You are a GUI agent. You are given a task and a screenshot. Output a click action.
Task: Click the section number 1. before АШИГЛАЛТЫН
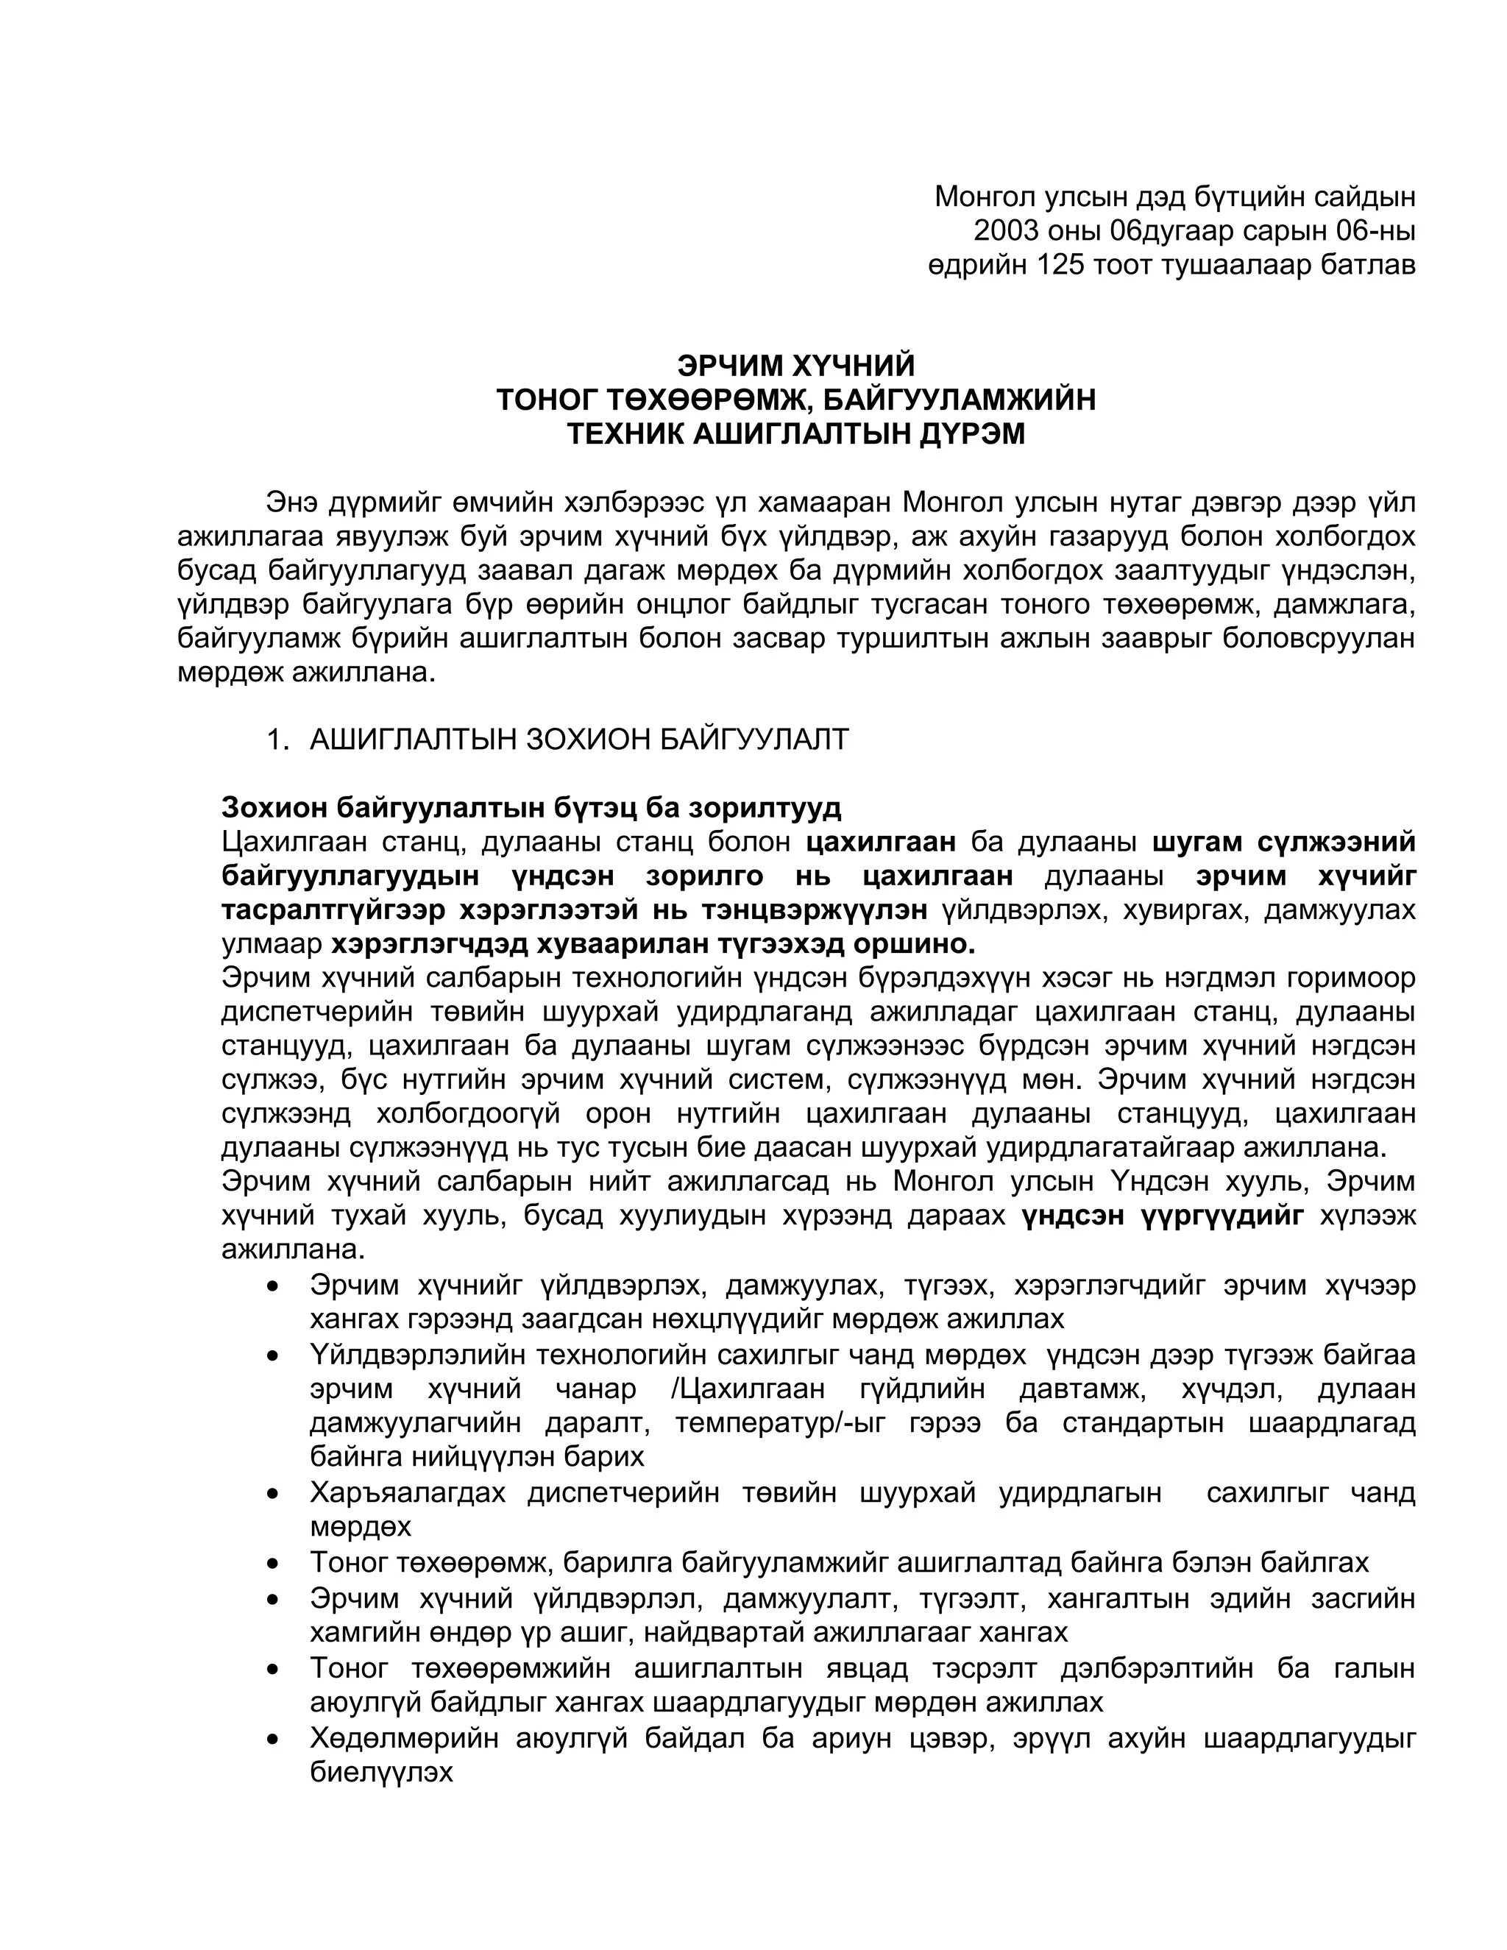(277, 740)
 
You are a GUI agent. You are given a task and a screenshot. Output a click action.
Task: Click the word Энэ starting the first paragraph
(294, 503)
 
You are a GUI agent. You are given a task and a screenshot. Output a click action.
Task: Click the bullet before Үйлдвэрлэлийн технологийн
(273, 1355)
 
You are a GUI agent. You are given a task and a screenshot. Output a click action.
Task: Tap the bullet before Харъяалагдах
(273, 1493)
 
